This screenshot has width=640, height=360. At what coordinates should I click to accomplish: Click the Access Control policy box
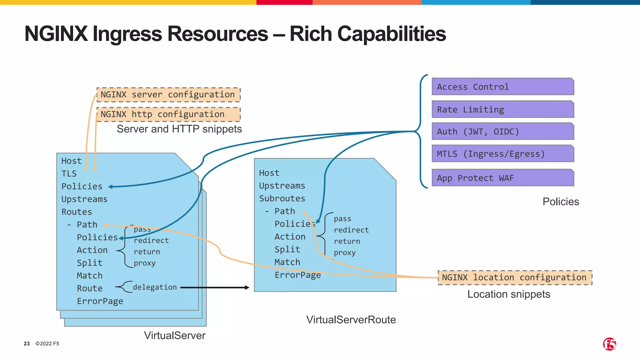[x=502, y=87]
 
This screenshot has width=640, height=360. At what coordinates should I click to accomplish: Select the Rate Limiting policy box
[x=502, y=109]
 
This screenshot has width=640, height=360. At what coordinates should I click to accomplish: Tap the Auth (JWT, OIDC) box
[x=502, y=131]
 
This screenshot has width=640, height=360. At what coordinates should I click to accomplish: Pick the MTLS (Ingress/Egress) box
[x=502, y=153]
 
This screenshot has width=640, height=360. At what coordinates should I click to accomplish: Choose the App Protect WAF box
[x=502, y=178]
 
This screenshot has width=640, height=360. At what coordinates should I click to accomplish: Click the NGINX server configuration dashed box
[x=168, y=95]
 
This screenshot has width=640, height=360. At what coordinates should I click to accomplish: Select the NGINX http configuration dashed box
[x=168, y=114]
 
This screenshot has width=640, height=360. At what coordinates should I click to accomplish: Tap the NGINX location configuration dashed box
[x=515, y=277]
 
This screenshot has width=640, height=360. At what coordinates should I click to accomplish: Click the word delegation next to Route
[x=155, y=287]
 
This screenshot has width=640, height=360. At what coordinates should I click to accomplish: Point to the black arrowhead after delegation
[x=247, y=287]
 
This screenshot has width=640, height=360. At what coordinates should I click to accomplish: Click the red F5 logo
[x=609, y=344]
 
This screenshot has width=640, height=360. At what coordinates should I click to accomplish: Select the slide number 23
[x=27, y=344]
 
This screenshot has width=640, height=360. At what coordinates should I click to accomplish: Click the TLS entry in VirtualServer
[x=69, y=174]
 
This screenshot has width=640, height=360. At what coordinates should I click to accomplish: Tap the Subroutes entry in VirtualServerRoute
[x=282, y=198]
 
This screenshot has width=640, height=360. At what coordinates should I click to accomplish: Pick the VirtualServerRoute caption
[x=351, y=320]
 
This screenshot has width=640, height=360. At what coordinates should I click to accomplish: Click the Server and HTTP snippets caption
[x=179, y=129]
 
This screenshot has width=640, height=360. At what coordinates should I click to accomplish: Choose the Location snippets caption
[x=508, y=294]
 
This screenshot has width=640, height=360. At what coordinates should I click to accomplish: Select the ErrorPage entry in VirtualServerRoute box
[x=297, y=275]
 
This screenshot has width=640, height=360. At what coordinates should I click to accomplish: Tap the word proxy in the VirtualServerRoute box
[x=345, y=252]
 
